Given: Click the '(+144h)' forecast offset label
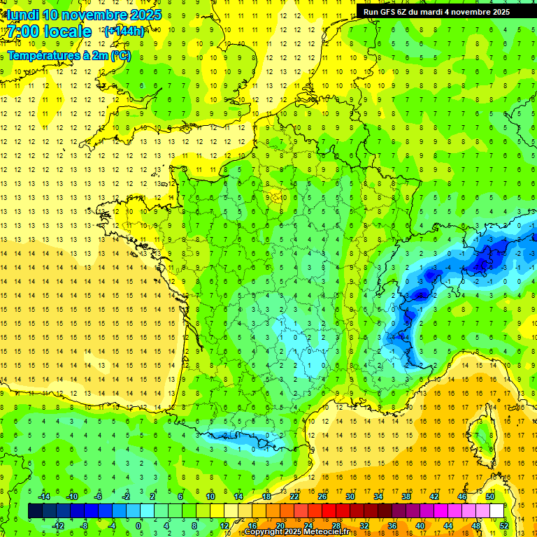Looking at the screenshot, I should coord(124,31).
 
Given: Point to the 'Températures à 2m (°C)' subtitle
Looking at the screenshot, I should coord(69,56).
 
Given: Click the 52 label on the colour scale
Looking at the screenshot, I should coord(503,525).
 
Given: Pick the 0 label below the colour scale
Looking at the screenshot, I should coord(138,525).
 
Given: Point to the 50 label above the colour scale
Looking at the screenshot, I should coord(490,496).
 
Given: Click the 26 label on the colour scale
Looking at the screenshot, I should coord(322,496).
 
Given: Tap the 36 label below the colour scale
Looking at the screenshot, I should coord(392,525).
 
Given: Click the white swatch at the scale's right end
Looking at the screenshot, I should coord(496,510).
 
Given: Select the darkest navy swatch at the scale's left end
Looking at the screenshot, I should coord(35,510).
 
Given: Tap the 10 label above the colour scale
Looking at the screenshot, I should coord(210,496).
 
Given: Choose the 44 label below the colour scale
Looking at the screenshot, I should coord(448,525).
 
